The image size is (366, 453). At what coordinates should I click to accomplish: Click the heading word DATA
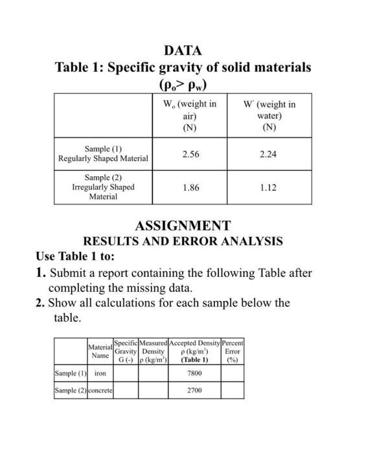click(183, 50)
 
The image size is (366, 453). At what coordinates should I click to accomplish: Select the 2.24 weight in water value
click(269, 155)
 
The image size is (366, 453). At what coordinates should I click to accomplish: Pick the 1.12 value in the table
click(269, 188)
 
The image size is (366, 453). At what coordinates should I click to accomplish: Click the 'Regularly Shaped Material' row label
click(103, 153)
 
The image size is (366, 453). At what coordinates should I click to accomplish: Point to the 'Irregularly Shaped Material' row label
click(103, 187)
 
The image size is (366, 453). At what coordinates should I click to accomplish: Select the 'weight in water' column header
click(269, 115)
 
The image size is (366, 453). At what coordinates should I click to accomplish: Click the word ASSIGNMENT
click(183, 226)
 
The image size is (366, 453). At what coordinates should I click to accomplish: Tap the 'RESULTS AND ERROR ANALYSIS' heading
click(183, 241)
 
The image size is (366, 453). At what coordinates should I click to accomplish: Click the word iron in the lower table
click(100, 373)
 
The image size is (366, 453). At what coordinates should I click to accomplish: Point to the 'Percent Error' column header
click(233, 351)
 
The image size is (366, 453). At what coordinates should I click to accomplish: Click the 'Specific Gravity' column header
click(126, 351)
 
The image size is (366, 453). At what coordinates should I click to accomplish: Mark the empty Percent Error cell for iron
click(233, 373)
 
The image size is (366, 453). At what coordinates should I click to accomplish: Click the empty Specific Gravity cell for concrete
click(126, 390)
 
